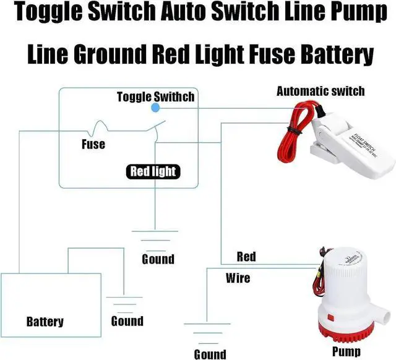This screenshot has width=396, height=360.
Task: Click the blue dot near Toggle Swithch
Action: (155, 108)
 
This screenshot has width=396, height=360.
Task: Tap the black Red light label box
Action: (153, 171)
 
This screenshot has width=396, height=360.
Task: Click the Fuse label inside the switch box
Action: (93, 145)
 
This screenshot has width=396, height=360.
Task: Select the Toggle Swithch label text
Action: (155, 96)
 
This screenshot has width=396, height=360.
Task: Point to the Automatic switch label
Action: (320, 92)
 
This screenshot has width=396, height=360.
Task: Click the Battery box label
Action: (45, 322)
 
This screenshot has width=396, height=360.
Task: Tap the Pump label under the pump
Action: (346, 351)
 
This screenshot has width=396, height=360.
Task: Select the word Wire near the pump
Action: (238, 278)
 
